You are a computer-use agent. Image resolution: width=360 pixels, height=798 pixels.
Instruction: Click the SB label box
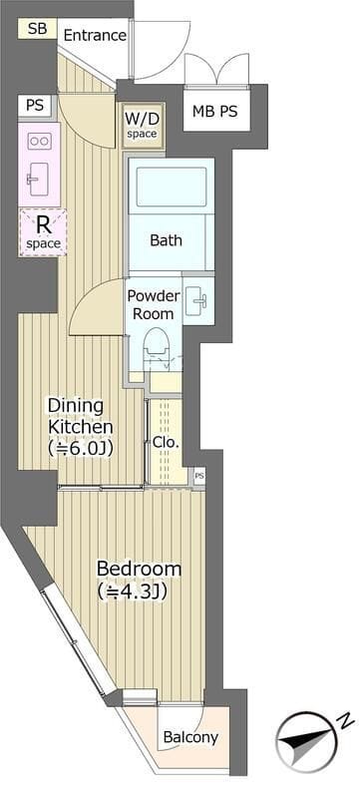38,29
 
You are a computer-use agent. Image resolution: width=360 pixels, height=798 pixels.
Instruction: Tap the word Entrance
95,35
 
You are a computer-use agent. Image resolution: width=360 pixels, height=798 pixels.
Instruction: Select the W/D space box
142,126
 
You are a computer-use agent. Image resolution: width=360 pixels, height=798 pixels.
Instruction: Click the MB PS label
214,111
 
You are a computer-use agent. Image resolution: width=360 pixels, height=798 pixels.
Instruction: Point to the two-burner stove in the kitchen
39,141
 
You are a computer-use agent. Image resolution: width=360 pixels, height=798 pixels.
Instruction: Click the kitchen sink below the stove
37,180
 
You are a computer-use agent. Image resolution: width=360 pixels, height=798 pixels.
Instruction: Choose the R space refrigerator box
43,232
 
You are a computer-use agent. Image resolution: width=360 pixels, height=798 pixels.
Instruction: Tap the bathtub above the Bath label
171,187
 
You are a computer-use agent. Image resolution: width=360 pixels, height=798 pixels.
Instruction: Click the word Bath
166,239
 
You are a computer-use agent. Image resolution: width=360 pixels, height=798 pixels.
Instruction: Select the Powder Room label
154,304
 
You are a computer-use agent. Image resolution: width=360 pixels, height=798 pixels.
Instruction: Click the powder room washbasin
197,301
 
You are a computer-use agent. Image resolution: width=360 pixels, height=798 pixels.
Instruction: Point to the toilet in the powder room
156,347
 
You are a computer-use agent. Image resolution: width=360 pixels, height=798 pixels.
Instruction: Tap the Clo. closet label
166,442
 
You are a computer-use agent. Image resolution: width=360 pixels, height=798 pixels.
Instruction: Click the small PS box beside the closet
199,476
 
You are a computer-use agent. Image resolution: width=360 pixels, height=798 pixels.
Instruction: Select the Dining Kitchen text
80,416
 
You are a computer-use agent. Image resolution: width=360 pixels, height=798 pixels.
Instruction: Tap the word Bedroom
139,569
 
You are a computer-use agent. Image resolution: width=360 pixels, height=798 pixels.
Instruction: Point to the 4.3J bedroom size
133,592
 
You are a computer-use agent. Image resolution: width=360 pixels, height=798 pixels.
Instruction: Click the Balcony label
190,737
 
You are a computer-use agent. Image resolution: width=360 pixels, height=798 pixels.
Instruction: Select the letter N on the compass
345,720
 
